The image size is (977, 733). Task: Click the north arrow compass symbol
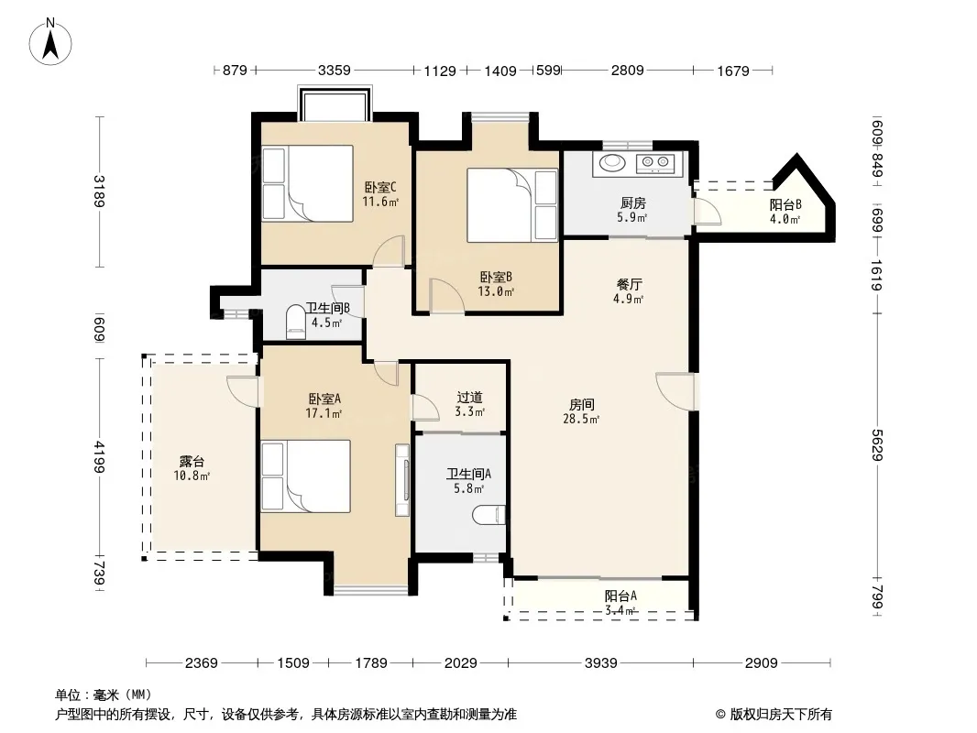(x=50, y=42)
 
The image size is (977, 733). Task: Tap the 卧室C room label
(x=380, y=187)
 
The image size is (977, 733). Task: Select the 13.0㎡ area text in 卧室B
(x=496, y=291)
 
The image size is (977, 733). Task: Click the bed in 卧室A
(x=306, y=476)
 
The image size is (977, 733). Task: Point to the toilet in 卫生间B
(x=296, y=322)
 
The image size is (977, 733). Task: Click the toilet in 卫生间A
(x=488, y=515)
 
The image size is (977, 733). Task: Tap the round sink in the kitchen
(x=612, y=162)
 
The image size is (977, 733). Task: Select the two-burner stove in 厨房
(x=655, y=163)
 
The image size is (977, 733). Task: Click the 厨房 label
(x=632, y=203)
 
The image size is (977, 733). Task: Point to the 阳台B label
(x=785, y=204)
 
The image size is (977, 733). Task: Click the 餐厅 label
(x=630, y=284)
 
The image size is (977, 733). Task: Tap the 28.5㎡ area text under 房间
(x=581, y=419)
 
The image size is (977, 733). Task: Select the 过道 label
(x=469, y=397)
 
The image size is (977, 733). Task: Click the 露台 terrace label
(x=192, y=462)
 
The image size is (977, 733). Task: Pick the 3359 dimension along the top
(x=335, y=71)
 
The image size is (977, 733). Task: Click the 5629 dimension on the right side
(x=877, y=444)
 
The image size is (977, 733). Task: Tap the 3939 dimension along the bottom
(x=600, y=662)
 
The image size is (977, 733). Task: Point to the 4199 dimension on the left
(x=99, y=456)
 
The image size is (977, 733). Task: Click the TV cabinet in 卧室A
(x=402, y=479)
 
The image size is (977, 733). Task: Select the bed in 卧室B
(x=512, y=205)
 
